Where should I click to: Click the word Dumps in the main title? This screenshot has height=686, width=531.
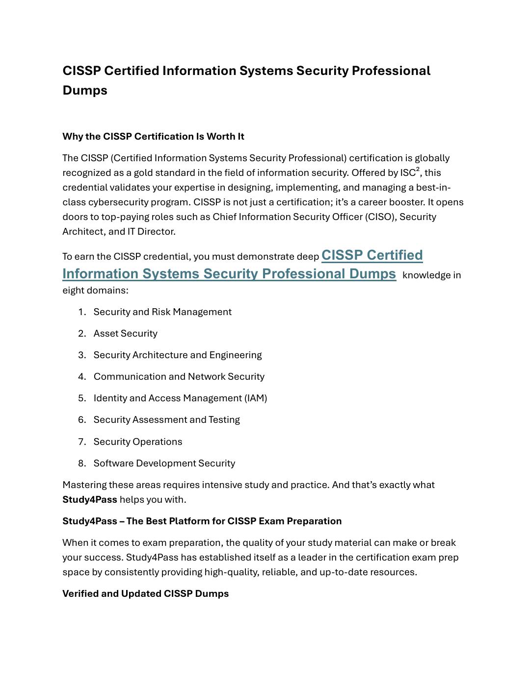84,91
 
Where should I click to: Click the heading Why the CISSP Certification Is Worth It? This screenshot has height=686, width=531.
153,137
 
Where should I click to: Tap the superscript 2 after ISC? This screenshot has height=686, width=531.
418,170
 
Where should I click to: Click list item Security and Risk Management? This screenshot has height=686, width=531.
162,312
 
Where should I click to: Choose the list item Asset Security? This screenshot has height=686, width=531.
126,334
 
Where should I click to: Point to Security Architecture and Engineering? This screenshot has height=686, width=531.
178,355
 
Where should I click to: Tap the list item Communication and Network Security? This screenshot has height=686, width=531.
179,377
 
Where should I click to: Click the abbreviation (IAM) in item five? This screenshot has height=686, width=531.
256,398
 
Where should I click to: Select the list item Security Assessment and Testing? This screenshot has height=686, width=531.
167,420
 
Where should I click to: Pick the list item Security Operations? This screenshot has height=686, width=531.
138,442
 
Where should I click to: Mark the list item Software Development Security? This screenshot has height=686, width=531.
164,464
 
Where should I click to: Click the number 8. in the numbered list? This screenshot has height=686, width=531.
82,464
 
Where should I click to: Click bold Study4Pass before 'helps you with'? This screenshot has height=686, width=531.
90,500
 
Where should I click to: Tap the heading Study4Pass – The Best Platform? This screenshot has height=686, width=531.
202,521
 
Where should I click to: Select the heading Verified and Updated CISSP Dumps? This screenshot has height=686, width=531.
145,594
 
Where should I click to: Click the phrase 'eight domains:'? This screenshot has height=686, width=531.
95,291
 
